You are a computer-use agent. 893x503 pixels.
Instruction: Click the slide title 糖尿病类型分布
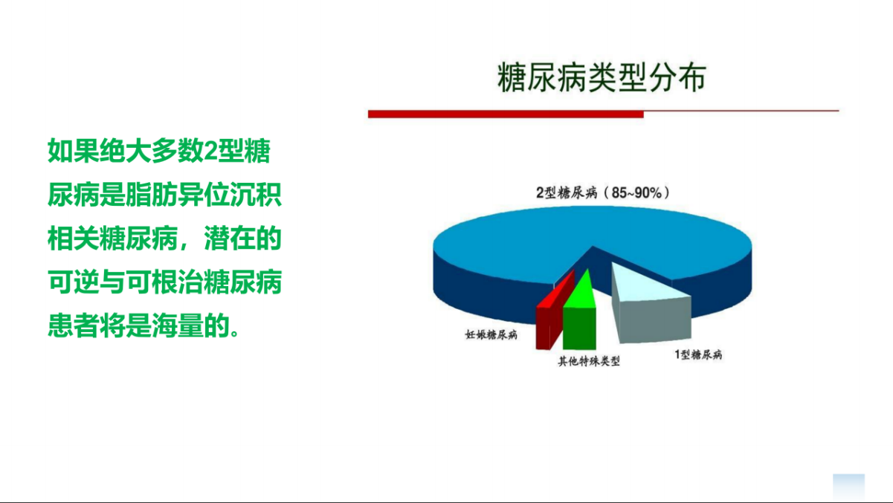(x=602, y=77)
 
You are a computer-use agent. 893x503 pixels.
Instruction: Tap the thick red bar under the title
(x=506, y=114)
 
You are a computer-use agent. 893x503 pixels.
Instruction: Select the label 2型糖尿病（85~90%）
(x=603, y=192)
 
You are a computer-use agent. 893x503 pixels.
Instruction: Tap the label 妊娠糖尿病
(x=491, y=334)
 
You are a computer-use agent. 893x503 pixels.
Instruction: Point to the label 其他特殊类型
(x=589, y=361)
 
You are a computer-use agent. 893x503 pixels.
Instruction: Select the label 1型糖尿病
(x=698, y=354)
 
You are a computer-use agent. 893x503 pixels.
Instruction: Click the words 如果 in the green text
(x=74, y=151)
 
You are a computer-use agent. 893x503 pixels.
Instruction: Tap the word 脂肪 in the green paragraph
(x=152, y=195)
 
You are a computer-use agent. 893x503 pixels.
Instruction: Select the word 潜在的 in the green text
(x=243, y=238)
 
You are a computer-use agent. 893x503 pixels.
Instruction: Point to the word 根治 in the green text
(x=178, y=282)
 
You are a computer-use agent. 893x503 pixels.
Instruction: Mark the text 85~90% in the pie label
(x=636, y=192)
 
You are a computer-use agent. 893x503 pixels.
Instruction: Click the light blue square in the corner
(x=848, y=487)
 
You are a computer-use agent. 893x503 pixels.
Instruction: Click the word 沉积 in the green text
(x=256, y=195)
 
